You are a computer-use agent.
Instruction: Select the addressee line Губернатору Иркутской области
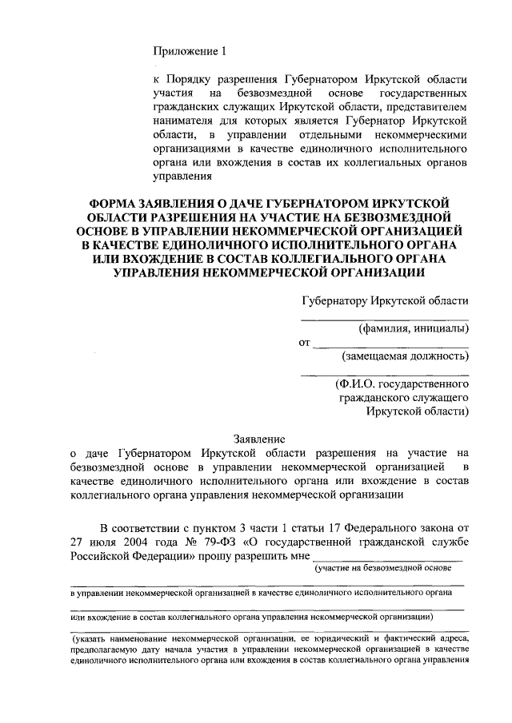pos(385,300)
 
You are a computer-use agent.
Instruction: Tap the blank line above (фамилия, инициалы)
pos(385,317)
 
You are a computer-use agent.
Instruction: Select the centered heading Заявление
pos(258,439)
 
